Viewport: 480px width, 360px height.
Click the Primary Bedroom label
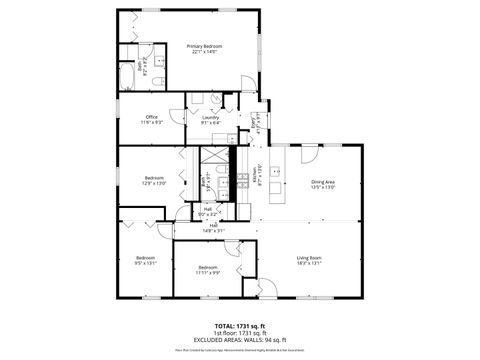206,49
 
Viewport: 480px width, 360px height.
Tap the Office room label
152,119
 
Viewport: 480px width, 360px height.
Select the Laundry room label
210,119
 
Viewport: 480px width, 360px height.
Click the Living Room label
308,262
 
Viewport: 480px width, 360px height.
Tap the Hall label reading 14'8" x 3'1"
213,228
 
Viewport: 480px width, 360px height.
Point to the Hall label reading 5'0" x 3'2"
207,211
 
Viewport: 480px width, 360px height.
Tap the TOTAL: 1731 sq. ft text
239,327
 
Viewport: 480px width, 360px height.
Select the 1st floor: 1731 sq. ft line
239,333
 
